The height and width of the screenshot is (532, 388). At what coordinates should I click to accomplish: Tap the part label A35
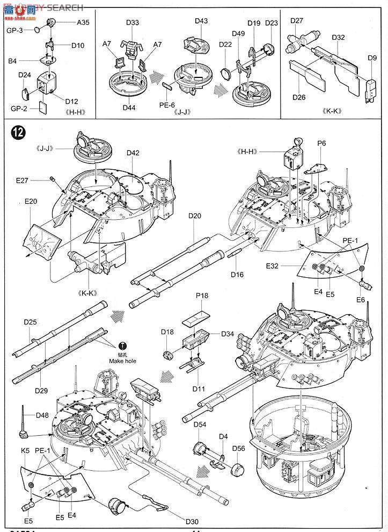(x=83, y=23)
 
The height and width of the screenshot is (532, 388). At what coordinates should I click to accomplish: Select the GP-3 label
(x=13, y=31)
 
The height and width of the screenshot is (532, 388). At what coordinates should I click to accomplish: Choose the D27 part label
(x=297, y=20)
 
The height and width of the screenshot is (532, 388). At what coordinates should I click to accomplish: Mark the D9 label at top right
(x=372, y=57)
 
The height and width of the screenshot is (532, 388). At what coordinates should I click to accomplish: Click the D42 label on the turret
(x=133, y=153)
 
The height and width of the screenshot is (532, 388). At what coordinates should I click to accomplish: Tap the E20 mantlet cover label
(x=31, y=202)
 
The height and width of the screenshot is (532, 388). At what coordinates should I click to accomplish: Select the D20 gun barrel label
(x=195, y=215)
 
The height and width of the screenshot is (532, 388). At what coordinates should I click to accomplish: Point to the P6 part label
(x=322, y=143)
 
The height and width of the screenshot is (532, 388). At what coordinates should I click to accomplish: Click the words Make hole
(x=123, y=361)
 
